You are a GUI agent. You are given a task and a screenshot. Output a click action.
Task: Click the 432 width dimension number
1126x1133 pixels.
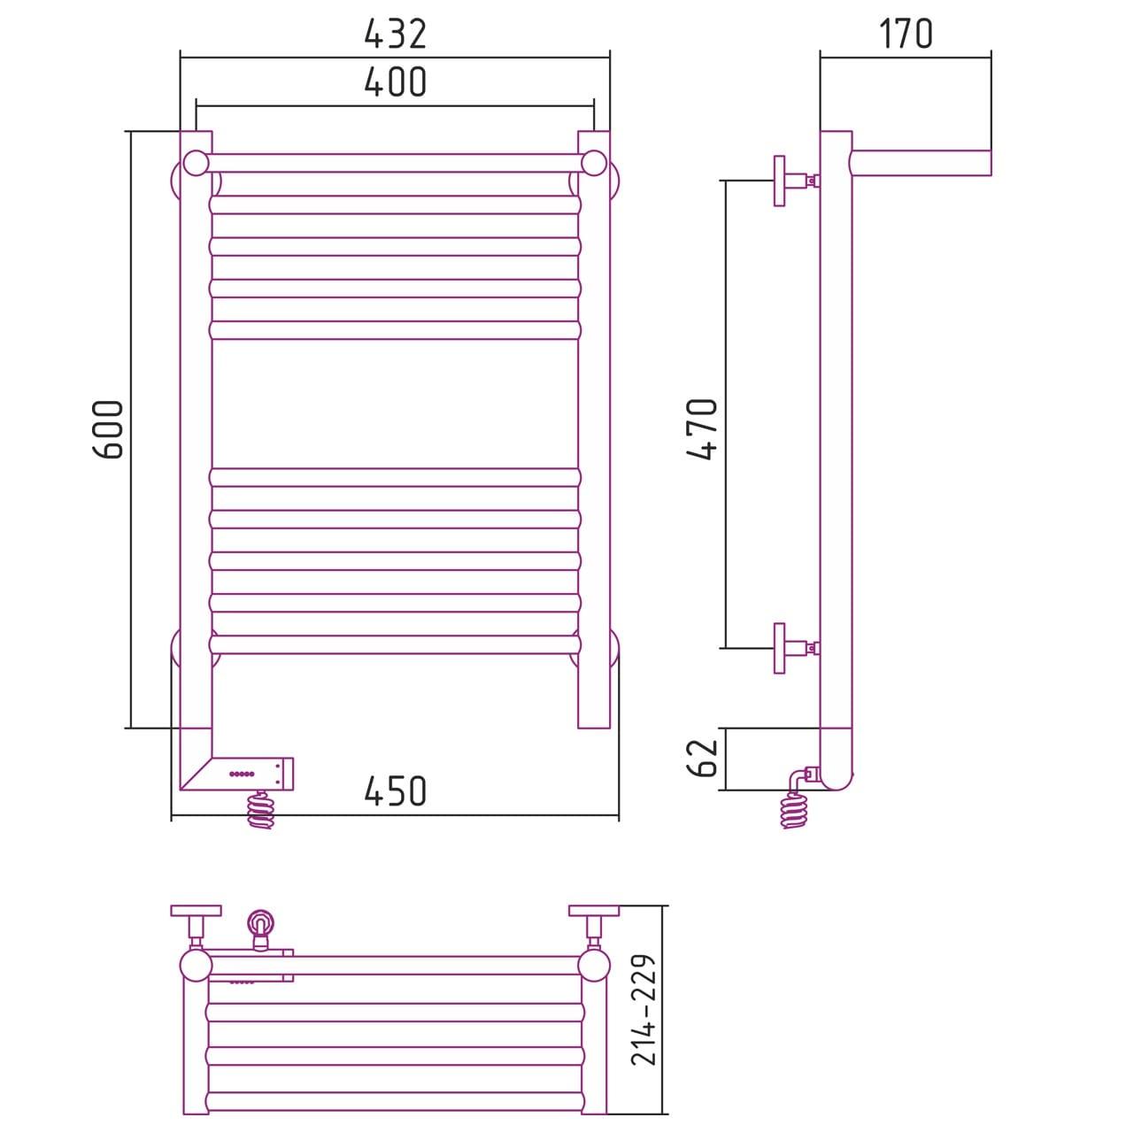click(395, 35)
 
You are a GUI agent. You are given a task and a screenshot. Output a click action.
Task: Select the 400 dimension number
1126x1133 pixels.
click(395, 81)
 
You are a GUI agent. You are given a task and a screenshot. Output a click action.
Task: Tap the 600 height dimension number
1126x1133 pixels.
click(108, 429)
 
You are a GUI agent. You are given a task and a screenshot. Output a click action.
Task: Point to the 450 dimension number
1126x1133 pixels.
click(395, 790)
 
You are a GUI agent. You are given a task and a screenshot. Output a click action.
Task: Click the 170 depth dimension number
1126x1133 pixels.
click(906, 35)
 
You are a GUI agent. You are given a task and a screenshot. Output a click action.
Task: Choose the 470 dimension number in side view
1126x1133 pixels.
click(703, 429)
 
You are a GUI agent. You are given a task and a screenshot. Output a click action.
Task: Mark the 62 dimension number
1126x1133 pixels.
click(703, 759)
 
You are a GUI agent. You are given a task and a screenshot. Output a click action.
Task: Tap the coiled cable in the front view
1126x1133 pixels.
click(261, 810)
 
